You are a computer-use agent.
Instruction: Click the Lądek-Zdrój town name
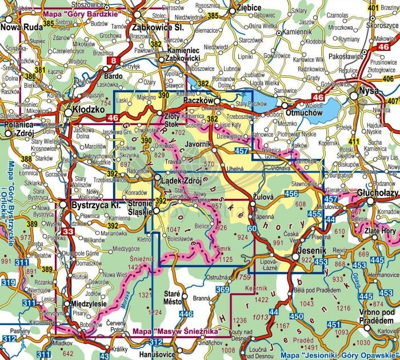point(181,181)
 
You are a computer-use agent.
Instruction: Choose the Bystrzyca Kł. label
point(93,204)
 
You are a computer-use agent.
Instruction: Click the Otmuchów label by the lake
point(305,113)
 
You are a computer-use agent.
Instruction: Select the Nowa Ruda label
point(22,26)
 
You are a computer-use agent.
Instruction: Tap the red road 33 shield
point(68,231)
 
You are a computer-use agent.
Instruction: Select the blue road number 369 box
point(222,291)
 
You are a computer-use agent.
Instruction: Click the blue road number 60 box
point(251,230)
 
